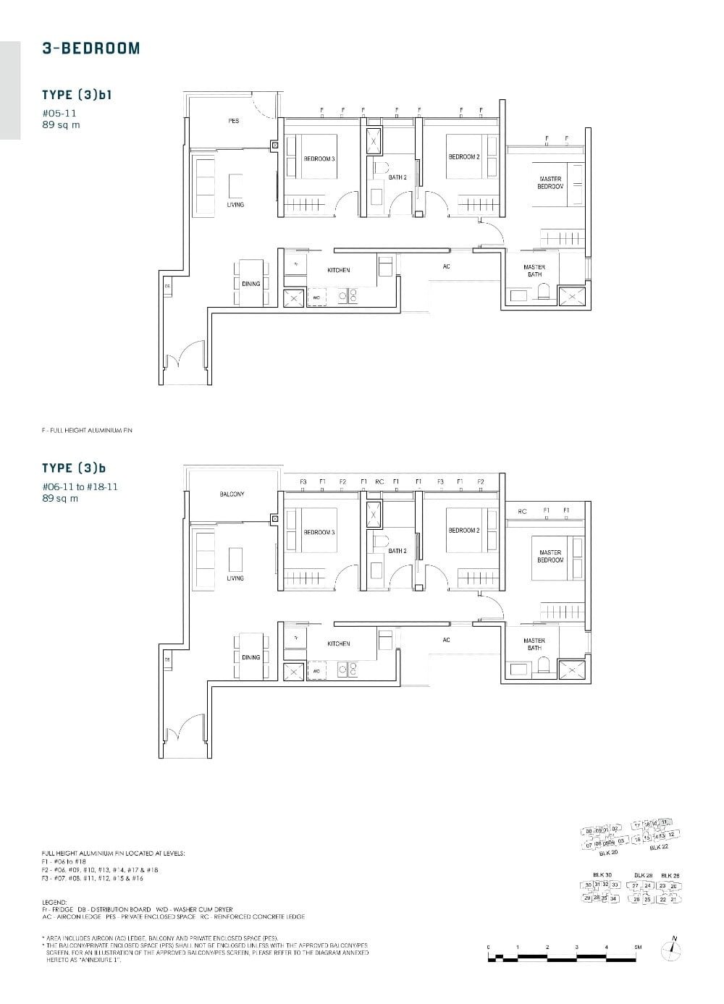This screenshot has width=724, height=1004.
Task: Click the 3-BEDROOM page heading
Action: [91, 48]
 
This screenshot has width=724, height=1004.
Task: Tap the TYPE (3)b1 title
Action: [77, 95]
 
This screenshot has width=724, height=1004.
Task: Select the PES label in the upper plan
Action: [233, 121]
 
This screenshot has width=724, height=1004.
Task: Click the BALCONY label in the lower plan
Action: [232, 494]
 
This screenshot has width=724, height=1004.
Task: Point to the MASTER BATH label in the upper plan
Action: [534, 271]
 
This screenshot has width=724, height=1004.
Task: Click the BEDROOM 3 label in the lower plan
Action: [319, 532]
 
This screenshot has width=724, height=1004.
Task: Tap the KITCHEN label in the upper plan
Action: [338, 270]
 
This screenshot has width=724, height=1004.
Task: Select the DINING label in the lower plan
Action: [251, 657]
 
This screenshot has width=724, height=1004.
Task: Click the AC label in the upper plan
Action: [446, 266]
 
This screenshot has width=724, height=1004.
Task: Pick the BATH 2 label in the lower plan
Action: [397, 551]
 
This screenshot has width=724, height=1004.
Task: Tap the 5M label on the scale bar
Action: [638, 947]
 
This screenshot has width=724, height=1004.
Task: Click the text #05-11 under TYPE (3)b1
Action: [59, 114]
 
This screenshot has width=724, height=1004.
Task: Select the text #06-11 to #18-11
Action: [80, 487]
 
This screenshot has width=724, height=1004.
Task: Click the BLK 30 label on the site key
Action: [602, 874]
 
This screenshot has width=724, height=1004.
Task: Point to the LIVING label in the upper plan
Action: [235, 205]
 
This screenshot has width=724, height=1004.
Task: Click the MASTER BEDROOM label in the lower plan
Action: [550, 556]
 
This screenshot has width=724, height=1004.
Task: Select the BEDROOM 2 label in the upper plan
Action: [463, 157]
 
